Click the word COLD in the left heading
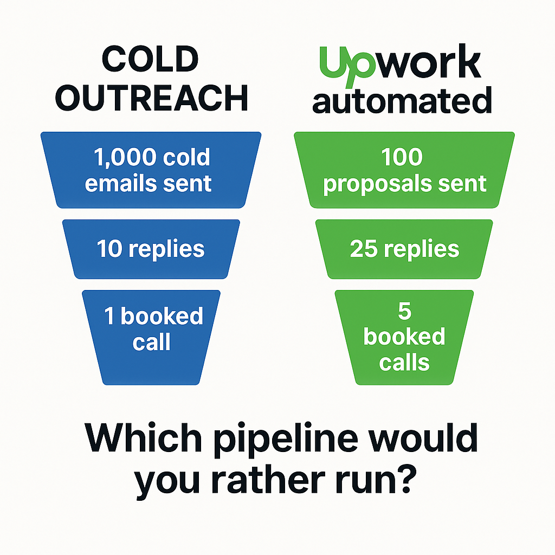coord(150,59)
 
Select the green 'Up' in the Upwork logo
coord(347,66)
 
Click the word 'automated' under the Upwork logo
coord(402,101)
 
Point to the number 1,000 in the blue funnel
coord(125,157)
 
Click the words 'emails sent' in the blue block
coord(149,183)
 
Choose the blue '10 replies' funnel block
coord(151,249)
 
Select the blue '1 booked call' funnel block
coord(151,337)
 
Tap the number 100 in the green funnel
coord(402,157)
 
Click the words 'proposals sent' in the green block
coord(404,184)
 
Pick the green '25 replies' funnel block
coord(404,249)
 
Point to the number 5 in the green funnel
coord(404,311)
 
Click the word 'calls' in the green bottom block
coord(404,363)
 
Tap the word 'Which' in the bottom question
coord(143,438)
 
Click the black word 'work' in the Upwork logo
coord(428,62)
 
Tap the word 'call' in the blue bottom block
coord(152,343)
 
